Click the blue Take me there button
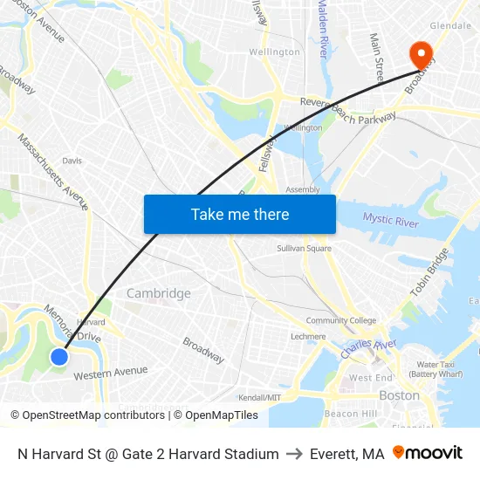point(239,214)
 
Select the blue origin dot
point(58,356)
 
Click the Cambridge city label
point(158,293)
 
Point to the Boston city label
point(399,395)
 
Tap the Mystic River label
point(390,219)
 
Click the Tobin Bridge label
point(429,271)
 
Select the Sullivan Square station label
point(304,249)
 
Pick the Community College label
point(341,320)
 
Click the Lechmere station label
point(308,336)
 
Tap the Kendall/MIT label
point(260,397)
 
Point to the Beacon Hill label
point(350,413)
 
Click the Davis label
point(72,161)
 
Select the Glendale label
point(450,26)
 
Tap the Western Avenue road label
point(111,373)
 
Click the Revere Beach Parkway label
point(348,110)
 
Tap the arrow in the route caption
point(294,454)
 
